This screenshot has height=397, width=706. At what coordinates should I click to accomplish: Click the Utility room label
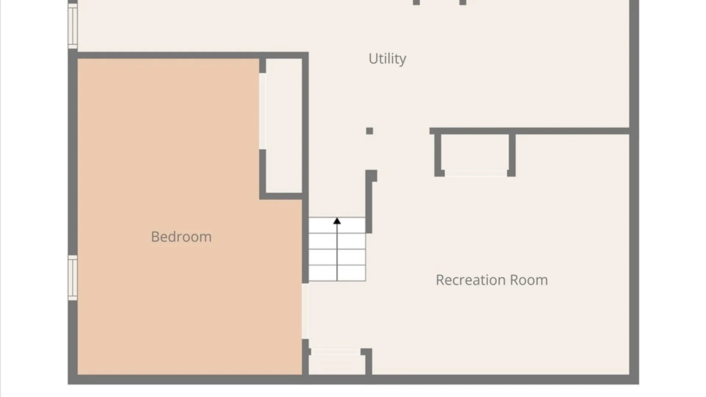coord(387,59)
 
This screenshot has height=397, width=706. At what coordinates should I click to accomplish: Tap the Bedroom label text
coord(181,237)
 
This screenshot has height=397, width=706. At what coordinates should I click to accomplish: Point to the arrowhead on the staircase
coord(337,221)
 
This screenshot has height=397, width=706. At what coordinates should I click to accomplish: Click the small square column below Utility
coord(370,131)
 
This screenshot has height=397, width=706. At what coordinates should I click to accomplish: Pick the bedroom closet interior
coord(284,125)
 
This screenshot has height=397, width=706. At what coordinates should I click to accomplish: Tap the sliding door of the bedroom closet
coord(263,111)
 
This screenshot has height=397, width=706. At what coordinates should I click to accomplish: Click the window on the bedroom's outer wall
coord(73,278)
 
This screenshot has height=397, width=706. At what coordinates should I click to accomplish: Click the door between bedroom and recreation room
coord(305,311)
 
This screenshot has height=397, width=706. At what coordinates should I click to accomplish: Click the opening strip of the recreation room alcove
coord(476,173)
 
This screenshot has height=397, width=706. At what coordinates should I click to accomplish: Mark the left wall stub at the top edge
coord(416,3)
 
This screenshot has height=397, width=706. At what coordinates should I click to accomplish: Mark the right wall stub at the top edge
coord(463,3)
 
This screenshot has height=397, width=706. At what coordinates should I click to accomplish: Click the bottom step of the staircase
coord(337,273)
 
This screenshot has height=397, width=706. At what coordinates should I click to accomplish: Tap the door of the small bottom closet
coord(335,351)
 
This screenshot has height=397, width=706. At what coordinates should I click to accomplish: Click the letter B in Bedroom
coord(155,237)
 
